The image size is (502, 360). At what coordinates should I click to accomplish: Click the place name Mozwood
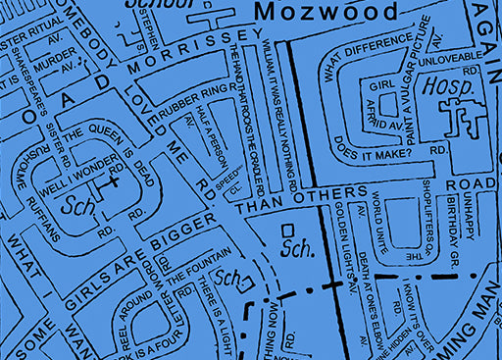click(x=326, y=13)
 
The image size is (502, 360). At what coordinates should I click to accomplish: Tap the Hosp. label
click(x=441, y=86)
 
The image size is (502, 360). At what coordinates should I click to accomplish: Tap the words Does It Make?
click(x=377, y=146)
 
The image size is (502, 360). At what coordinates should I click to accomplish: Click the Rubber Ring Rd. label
click(x=200, y=101)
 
